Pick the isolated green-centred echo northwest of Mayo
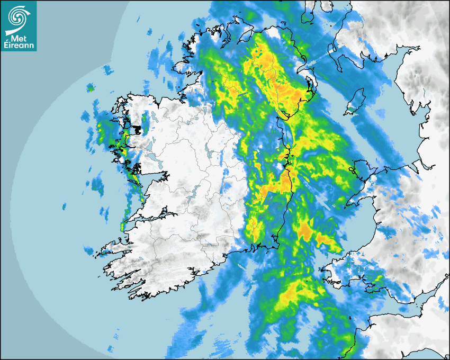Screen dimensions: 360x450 (x=91, y=88)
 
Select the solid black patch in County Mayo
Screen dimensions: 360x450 (x=139, y=129)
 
